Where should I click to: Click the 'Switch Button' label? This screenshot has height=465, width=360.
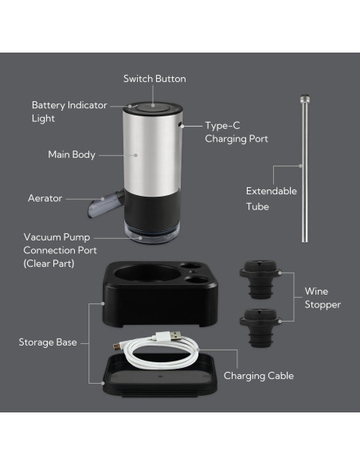tap(155, 79)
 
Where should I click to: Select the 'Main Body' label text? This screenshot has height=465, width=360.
tap(72, 154)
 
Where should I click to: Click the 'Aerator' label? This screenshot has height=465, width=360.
tap(45, 197)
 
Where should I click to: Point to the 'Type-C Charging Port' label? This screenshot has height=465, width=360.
tap(236, 132)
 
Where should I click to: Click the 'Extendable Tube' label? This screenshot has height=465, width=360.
tap(271, 198)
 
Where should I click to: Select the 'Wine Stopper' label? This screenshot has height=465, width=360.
tap(323, 298)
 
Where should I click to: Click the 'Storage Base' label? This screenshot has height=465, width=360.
tap(48, 342)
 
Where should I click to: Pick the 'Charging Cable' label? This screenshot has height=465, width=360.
tap(258, 375)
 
